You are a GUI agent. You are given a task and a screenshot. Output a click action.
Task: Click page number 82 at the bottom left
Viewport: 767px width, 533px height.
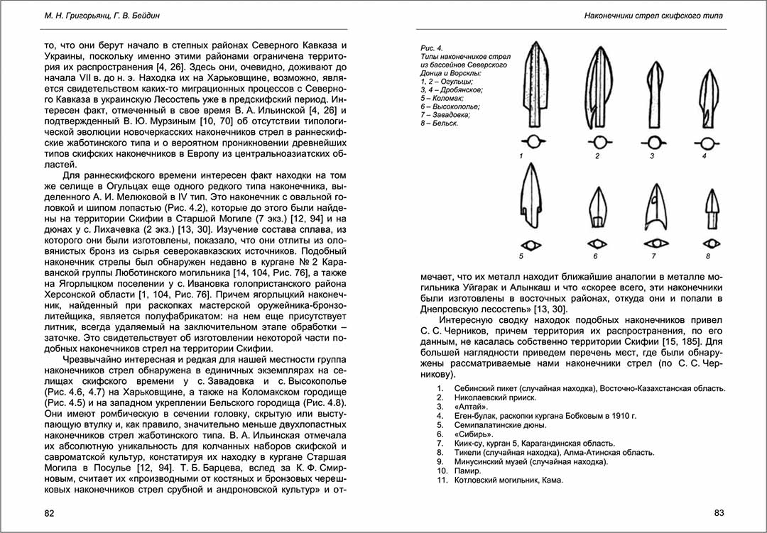49,513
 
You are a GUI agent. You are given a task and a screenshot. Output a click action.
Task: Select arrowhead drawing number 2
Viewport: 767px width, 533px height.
596,89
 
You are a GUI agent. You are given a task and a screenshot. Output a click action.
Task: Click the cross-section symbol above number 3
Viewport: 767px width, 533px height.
652,141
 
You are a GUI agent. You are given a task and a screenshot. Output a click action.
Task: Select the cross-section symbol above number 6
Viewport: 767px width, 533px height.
594,244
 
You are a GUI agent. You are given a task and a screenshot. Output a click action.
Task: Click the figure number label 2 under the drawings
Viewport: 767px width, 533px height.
597,155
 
